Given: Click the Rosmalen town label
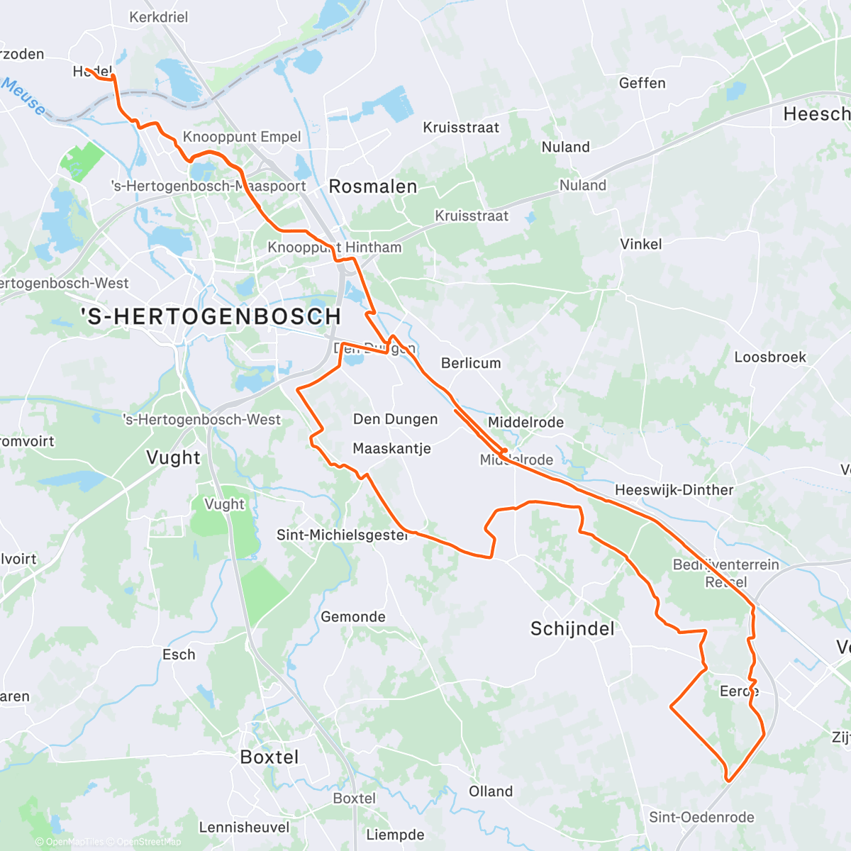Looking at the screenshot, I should [x=373, y=187].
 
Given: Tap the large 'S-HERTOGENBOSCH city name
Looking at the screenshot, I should [x=211, y=316].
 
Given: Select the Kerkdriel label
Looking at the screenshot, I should [x=159, y=17].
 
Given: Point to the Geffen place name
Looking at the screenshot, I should [x=643, y=83].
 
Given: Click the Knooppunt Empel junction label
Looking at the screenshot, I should [x=242, y=137].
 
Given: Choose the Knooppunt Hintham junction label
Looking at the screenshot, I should [x=335, y=247].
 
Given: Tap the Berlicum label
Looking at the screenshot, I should [x=471, y=363].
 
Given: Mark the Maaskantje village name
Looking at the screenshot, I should [x=391, y=448].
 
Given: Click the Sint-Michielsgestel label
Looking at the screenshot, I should [x=342, y=535].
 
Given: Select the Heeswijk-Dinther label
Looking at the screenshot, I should [x=674, y=490].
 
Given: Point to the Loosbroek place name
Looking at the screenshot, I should [x=770, y=357].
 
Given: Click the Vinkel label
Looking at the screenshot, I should [x=641, y=244].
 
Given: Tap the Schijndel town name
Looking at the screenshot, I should [x=572, y=629].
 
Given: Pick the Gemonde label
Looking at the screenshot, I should [x=353, y=617].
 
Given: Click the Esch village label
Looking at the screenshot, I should [x=179, y=655].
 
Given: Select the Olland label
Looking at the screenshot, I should [x=491, y=791].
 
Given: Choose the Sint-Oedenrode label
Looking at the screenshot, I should [x=701, y=818].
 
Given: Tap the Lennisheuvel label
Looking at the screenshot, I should [x=244, y=828].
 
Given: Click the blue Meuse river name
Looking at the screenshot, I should [x=23, y=97].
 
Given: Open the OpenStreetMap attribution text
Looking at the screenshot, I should [x=148, y=842].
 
